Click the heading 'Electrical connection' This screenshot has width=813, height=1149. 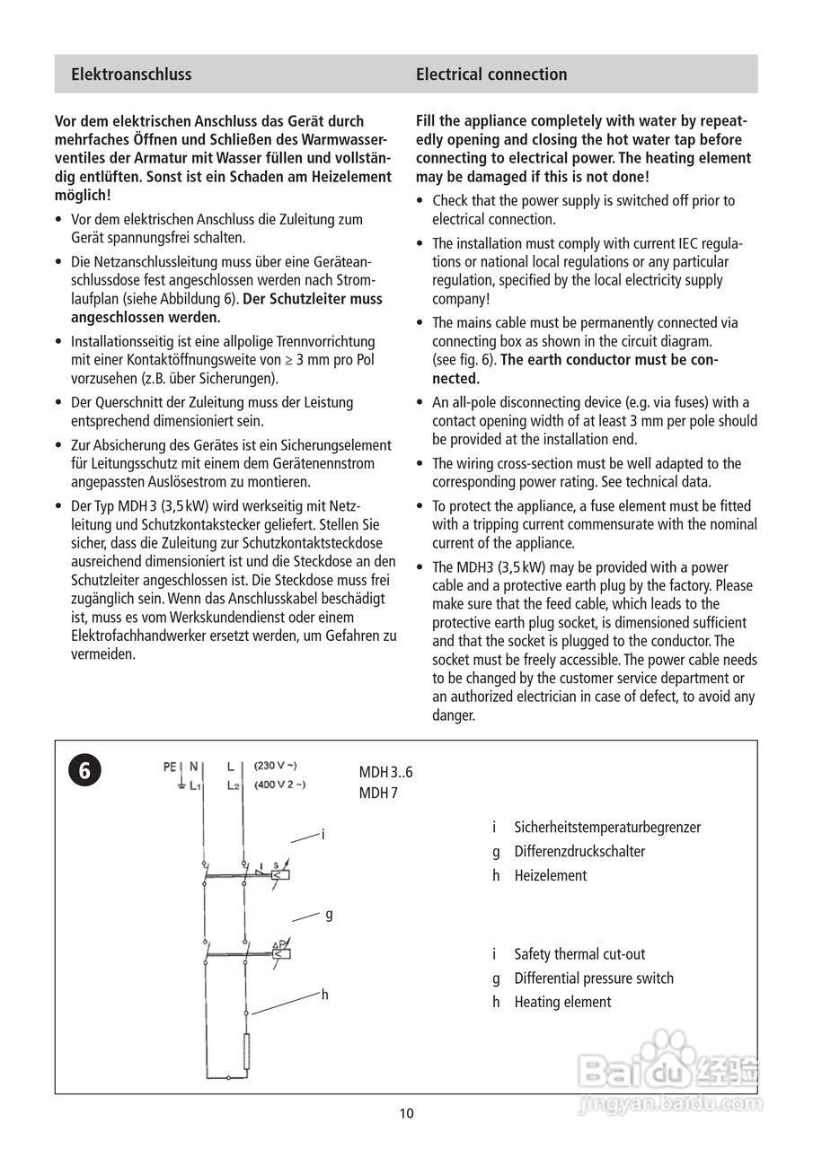click(x=490, y=75)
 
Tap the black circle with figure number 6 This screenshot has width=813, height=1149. click(x=84, y=770)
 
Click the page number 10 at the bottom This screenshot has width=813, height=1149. click(x=406, y=1114)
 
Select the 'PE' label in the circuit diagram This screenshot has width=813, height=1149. click(x=170, y=767)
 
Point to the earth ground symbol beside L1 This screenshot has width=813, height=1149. click(x=182, y=785)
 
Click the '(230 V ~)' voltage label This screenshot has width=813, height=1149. click(x=275, y=766)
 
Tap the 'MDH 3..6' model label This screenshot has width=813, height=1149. click(x=386, y=772)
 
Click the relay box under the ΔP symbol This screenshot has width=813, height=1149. click(x=281, y=954)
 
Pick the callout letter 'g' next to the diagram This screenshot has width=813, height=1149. click(x=329, y=914)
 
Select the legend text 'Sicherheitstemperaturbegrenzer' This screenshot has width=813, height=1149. click(x=607, y=827)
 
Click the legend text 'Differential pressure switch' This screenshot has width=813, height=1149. click(x=593, y=978)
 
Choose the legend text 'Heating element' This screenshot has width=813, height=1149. click(x=561, y=1002)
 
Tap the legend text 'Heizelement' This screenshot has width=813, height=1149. click(x=550, y=875)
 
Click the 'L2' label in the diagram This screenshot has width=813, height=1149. click(x=234, y=785)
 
